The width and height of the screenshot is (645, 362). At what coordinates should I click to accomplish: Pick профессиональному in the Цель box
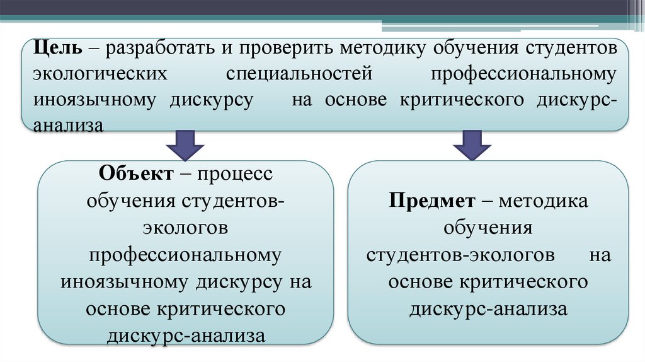point(523,74)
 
